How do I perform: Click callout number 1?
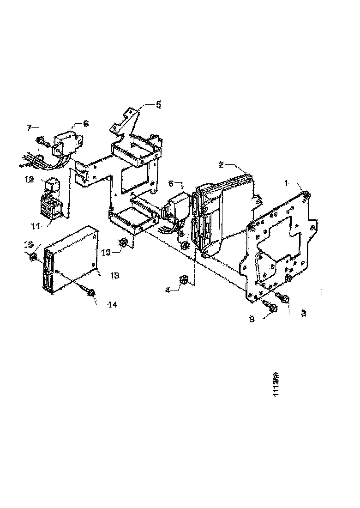tap(286, 183)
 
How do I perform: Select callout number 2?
tap(222, 164)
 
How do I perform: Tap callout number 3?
tap(303, 313)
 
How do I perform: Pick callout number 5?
tap(158, 104)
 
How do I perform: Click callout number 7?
tap(30, 127)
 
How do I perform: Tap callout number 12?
tap(30, 179)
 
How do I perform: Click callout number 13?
tap(114, 275)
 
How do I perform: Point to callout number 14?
tap(112, 304)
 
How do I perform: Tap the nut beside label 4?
tap(183, 279)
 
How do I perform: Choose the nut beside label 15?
tap(34, 256)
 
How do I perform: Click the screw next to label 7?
tap(42, 139)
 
